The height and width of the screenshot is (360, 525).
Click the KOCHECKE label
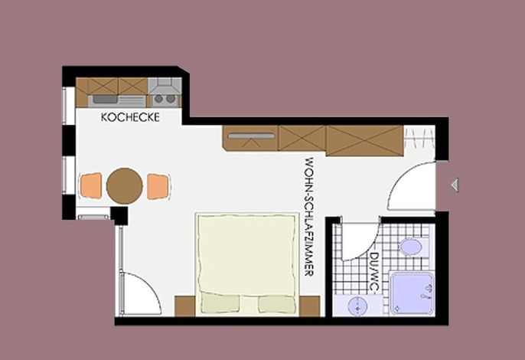click(130, 117)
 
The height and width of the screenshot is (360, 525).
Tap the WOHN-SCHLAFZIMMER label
click(309, 217)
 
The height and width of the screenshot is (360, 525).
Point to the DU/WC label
click(373, 272)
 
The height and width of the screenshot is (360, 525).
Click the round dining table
click(125, 185)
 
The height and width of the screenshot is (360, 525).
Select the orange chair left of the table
click(91, 185)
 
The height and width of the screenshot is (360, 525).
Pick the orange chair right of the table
click(158, 186)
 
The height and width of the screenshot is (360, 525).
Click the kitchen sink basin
click(104, 100)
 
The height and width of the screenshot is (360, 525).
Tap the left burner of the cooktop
click(158, 99)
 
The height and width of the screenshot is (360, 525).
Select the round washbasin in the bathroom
click(357, 306)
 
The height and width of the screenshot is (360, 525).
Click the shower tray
click(412, 293)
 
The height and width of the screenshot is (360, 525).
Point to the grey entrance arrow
click(455, 185)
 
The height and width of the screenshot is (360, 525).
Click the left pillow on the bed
click(220, 303)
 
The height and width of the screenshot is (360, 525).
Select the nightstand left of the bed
click(185, 306)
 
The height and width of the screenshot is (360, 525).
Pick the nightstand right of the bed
click(310, 306)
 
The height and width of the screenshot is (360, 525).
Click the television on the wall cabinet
click(252, 136)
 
